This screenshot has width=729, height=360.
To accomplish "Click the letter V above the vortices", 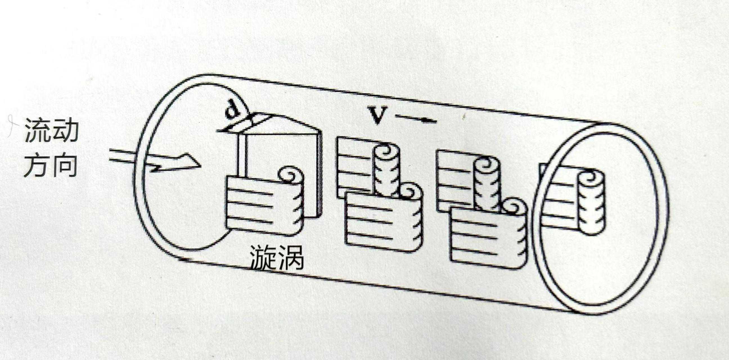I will tap(377, 115).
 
